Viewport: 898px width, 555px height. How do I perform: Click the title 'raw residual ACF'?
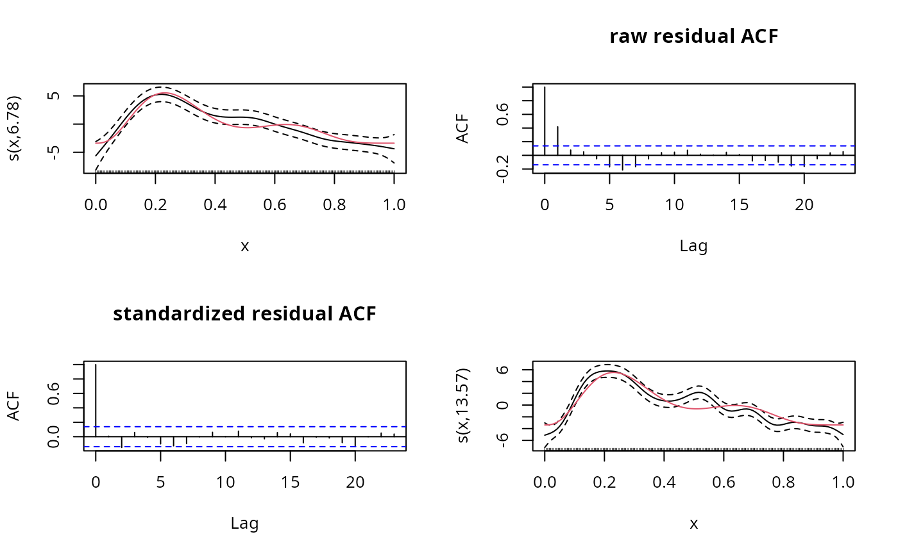(693, 37)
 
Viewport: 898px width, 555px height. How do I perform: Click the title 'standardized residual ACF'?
(244, 314)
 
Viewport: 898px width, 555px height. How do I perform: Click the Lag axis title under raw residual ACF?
(693, 246)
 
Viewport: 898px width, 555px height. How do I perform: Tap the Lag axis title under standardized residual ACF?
(244, 524)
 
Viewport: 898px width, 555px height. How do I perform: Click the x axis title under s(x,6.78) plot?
(244, 246)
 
